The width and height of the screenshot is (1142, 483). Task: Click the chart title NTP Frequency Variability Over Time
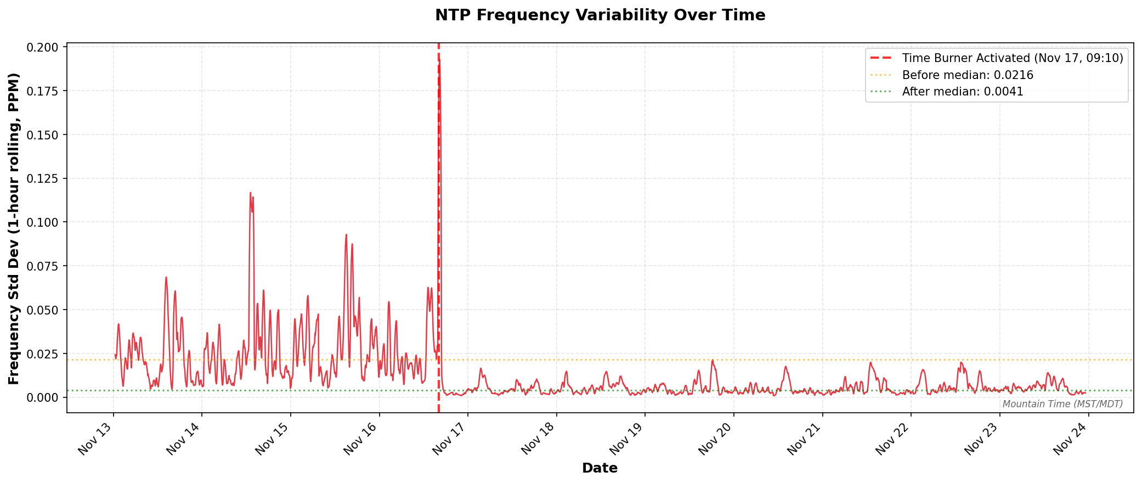600,15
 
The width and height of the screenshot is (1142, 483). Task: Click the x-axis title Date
600,468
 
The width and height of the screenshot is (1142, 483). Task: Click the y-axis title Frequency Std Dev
14,228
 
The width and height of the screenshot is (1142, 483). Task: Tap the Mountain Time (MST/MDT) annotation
1062,404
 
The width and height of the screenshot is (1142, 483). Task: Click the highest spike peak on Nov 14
251,193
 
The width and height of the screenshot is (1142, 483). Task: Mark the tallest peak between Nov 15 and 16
346,234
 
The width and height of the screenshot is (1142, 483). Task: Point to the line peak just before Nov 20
713,360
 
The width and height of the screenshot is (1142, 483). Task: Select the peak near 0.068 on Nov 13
166,277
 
